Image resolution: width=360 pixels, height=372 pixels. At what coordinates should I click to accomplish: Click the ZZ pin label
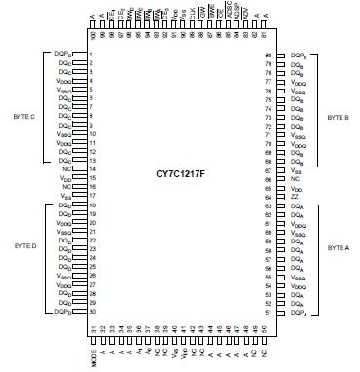coord(294,197)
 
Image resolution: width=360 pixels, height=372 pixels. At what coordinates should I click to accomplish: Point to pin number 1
coord(90,56)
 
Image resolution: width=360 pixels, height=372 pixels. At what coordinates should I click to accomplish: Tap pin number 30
coord(90,313)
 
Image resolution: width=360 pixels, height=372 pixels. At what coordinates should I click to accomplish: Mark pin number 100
coord(93,35)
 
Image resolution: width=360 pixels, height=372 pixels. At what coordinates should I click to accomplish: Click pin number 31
coord(94,330)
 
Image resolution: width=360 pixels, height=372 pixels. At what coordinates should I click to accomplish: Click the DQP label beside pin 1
coord(64,56)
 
